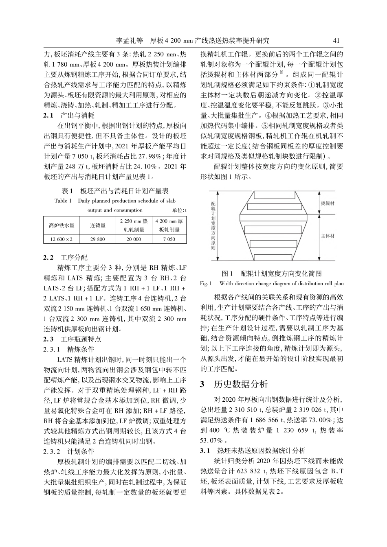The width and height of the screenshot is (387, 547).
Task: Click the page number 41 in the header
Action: tap(336, 40)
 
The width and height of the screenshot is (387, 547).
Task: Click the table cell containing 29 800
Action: tap(98, 239)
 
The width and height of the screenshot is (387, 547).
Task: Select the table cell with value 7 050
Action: tap(169, 239)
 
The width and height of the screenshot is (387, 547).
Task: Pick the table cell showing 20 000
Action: tap(134, 239)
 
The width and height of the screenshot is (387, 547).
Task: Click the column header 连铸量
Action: tap(98, 225)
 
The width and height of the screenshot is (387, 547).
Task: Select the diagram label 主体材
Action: tap(328, 236)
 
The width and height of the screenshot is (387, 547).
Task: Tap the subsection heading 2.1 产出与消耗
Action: tap(69, 115)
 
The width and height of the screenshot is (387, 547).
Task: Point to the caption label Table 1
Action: tap(63, 201)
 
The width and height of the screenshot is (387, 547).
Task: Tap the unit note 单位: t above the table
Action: tap(179, 210)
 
